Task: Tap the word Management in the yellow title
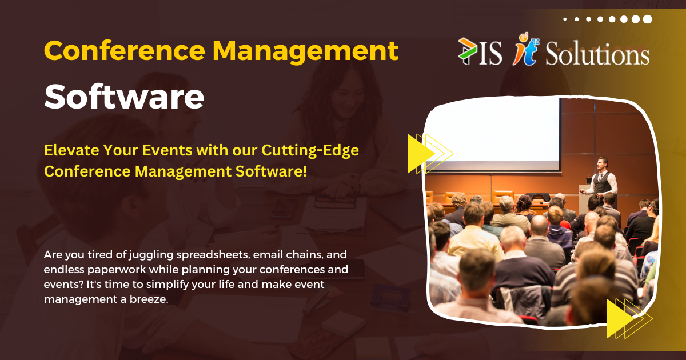pyautogui.click(x=305, y=51)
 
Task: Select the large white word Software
pyautogui.click(x=124, y=97)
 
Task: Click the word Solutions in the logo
pyautogui.click(x=597, y=55)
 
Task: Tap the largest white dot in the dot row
pyautogui.click(x=647, y=19)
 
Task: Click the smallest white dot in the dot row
pyautogui.click(x=565, y=19)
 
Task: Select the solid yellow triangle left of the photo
pyautogui.click(x=419, y=154)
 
